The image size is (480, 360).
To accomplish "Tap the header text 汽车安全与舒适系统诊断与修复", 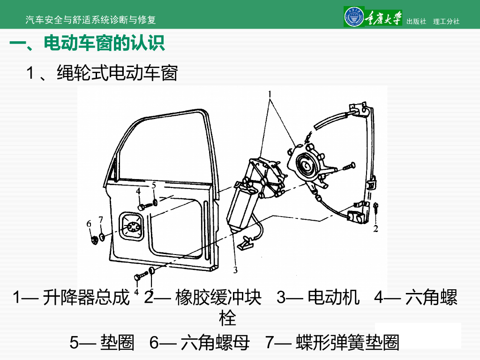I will tap(90, 20).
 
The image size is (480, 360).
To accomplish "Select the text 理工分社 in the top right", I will tap(446, 21).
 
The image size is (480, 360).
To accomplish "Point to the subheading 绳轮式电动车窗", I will tap(117, 73).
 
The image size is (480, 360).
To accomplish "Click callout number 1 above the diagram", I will tap(270, 93).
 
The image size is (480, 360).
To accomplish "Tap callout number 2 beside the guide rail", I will tap(375, 229).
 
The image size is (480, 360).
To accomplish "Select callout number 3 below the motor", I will tap(235, 270).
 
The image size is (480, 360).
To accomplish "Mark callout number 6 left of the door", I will tap(89, 224).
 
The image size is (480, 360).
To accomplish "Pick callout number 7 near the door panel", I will tap(100, 219).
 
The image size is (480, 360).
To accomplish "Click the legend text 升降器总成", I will tap(86, 298).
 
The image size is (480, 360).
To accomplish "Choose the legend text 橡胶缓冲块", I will tap(218, 298).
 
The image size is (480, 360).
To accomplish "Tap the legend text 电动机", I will tap(334, 298).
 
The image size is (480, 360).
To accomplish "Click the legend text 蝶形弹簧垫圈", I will tap(347, 343).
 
